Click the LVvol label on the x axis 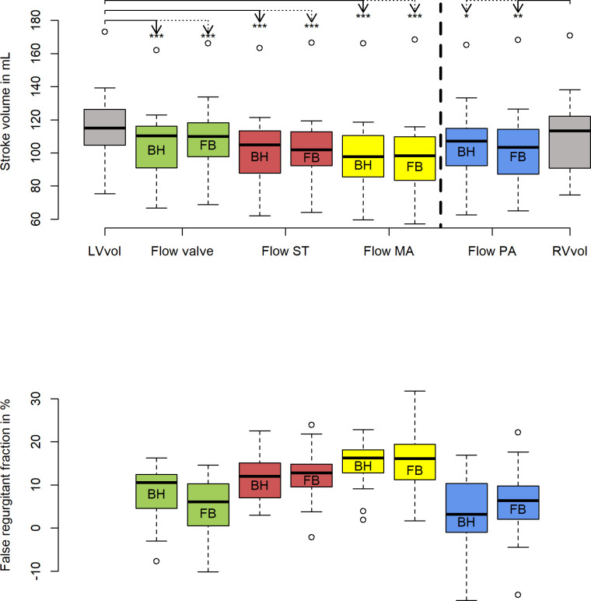click(x=104, y=251)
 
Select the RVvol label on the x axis click(x=569, y=251)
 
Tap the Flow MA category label click(x=388, y=251)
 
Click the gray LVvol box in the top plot click(x=104, y=117)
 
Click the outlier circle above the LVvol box click(x=104, y=32)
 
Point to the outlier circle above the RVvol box click(x=569, y=35)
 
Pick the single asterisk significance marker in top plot click(x=466, y=16)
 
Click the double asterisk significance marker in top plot click(x=518, y=16)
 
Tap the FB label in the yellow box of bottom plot click(x=414, y=470)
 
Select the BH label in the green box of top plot click(x=156, y=150)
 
